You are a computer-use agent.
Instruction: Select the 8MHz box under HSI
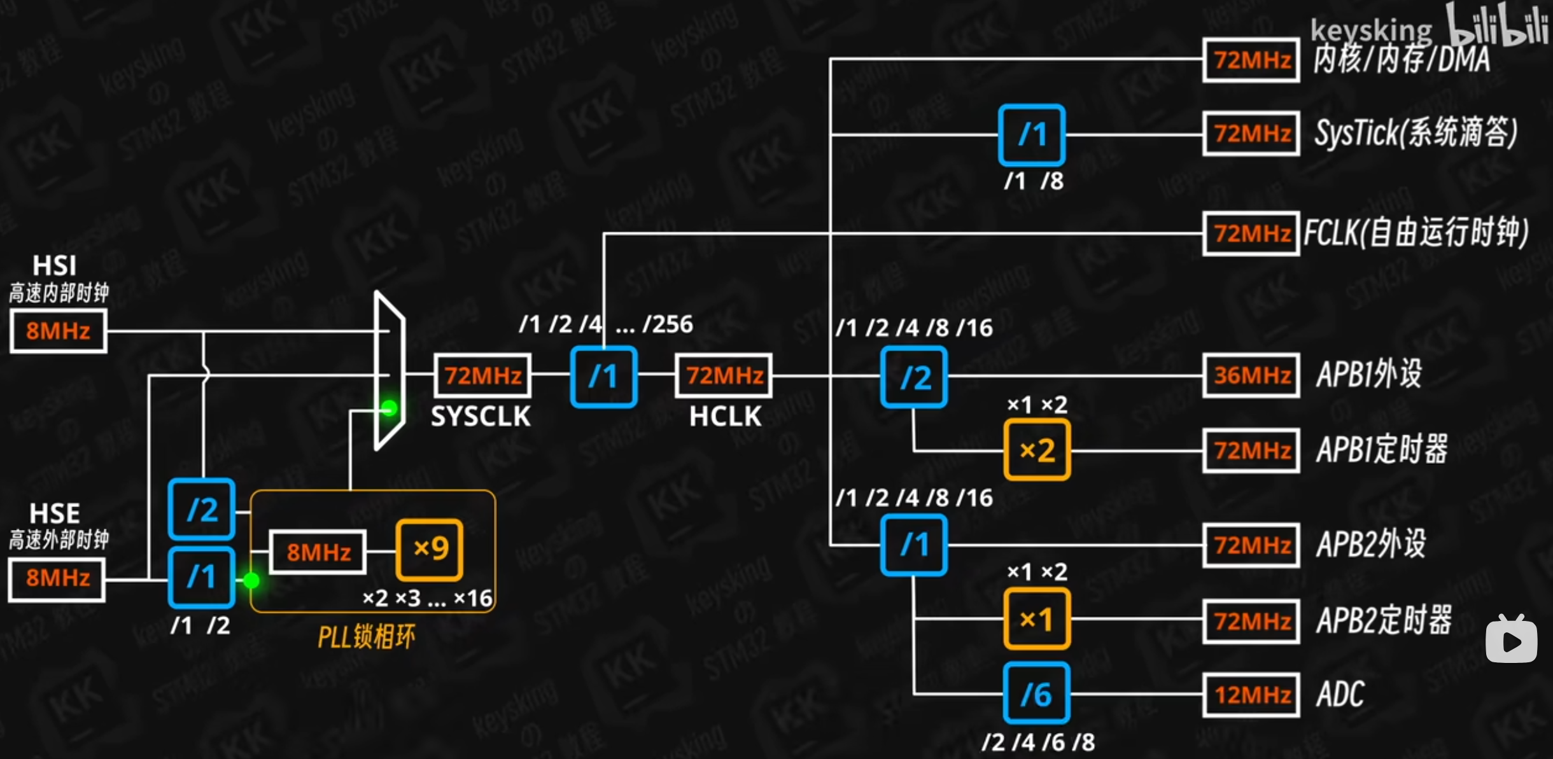[58, 331]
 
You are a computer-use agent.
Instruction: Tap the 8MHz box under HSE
[57, 578]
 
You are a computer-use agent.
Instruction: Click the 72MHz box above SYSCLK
[483, 375]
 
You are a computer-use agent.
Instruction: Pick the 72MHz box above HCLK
[724, 375]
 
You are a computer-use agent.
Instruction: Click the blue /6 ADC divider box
[1036, 693]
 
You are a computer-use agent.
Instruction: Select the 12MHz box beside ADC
[1251, 694]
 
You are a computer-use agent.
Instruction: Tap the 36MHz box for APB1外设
[1251, 375]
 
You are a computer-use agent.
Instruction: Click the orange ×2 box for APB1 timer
[1037, 450]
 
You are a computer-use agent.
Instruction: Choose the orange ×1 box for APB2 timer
[1037, 619]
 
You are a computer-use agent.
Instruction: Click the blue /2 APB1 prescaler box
[915, 377]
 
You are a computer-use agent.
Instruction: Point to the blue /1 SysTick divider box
[1032, 135]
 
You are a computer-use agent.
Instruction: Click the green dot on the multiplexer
[389, 408]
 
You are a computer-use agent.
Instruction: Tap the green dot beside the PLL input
[251, 580]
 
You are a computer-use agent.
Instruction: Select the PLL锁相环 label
[367, 636]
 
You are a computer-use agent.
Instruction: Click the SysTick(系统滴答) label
[1416, 133]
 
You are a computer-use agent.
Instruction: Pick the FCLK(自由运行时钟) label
[1416, 233]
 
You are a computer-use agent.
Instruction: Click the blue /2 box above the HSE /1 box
[202, 509]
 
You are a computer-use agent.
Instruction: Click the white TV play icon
[1511, 640]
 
